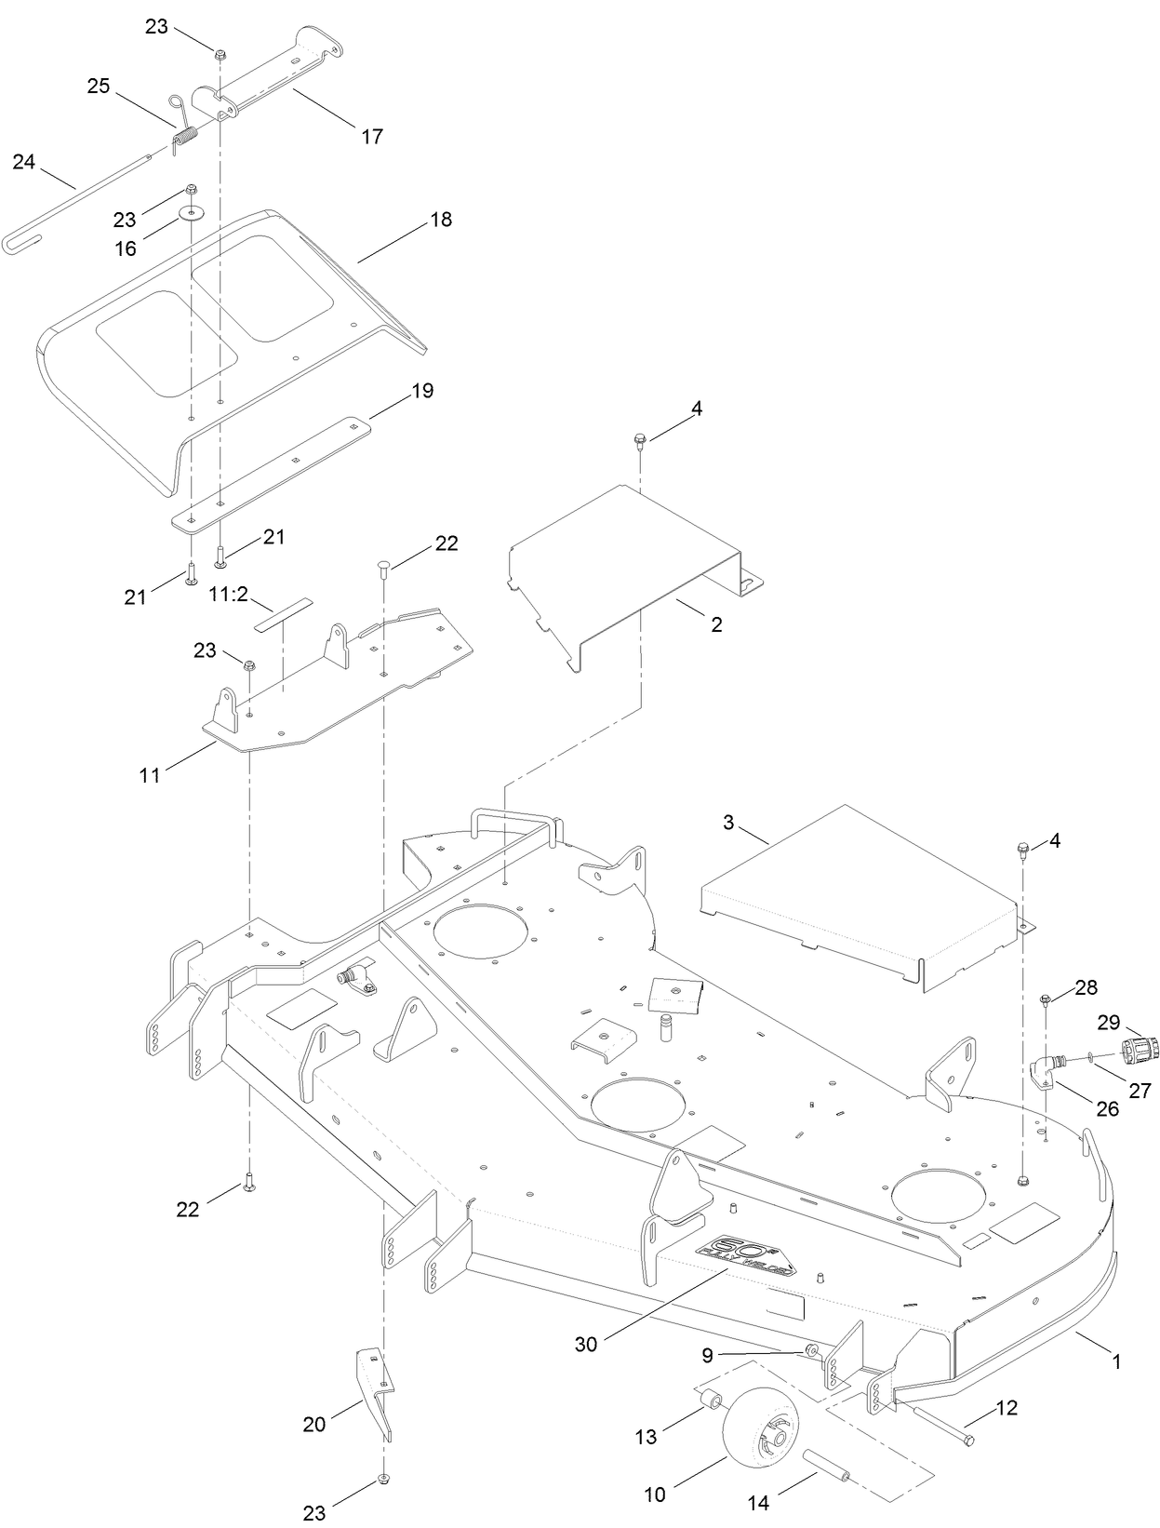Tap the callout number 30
tap(586, 1344)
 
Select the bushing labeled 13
tap(711, 1399)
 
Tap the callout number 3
tap(728, 823)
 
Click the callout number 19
tap(422, 391)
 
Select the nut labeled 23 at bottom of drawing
tap(382, 1478)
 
